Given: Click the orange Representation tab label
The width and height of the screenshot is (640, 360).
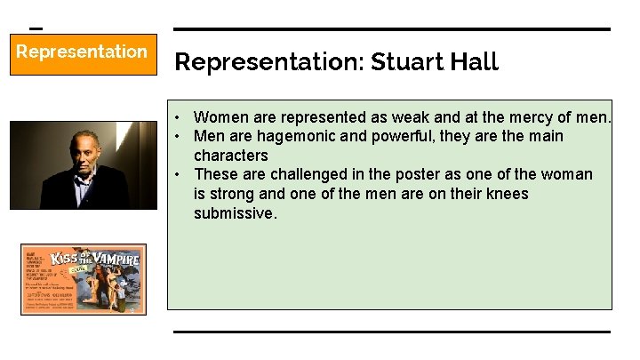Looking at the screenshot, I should [82, 52].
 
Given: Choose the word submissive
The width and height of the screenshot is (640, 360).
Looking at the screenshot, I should [236, 213].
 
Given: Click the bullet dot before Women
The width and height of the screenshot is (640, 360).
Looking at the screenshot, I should [179, 117].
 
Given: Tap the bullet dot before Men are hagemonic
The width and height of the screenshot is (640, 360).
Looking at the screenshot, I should [179, 137].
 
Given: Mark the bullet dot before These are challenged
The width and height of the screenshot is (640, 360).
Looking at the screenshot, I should [179, 174].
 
